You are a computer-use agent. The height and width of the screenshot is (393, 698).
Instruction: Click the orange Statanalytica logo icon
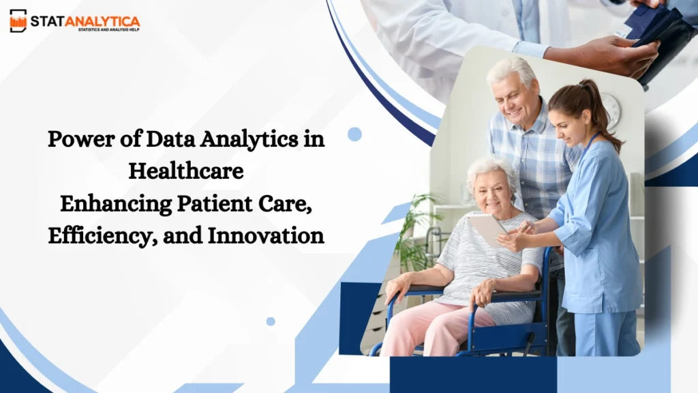tap(18, 20)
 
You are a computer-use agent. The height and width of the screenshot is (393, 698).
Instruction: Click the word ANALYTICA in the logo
tap(102, 20)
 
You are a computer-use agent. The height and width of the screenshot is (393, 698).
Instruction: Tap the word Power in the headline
tap(74, 139)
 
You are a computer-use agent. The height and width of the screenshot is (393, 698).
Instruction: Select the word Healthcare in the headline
tap(186, 171)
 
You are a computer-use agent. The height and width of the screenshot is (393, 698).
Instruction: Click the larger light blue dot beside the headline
tap(354, 134)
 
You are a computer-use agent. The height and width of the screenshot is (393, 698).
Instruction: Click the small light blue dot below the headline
tap(271, 321)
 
